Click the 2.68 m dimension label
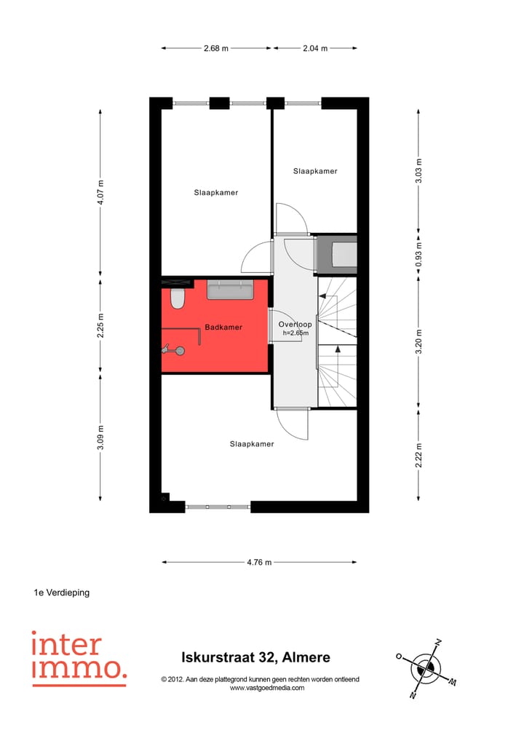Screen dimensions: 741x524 point(216,48)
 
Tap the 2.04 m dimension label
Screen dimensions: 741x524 point(314,48)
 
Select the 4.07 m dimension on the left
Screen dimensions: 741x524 point(101,192)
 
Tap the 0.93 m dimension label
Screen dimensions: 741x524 point(418,255)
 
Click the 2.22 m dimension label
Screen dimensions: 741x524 point(418,455)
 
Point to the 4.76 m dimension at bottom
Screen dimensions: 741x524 point(258,562)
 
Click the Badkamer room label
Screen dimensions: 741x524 point(223,328)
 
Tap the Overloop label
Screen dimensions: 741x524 point(295,325)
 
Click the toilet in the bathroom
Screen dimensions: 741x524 point(177,298)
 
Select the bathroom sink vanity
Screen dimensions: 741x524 point(229,290)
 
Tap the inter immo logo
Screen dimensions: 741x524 point(78,658)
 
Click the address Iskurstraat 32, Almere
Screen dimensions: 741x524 point(255,658)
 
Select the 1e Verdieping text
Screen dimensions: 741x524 point(62,593)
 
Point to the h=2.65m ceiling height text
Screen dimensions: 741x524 point(295,333)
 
